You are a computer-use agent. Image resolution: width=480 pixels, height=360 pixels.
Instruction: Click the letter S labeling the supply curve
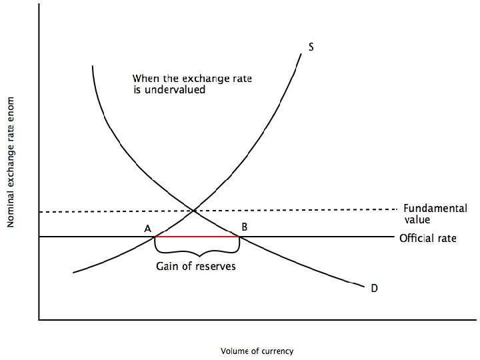tap(311, 47)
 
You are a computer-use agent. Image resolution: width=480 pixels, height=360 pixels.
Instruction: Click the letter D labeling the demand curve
tap(374, 288)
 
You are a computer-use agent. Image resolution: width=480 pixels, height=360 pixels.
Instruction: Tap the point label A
tap(147, 229)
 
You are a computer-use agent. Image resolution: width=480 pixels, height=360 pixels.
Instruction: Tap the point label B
tap(245, 227)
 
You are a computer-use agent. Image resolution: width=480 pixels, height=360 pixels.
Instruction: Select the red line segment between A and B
tap(197, 237)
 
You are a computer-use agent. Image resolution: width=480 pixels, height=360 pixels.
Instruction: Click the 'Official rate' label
tap(428, 238)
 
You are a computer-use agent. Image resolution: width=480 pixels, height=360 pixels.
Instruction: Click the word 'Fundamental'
tap(435, 208)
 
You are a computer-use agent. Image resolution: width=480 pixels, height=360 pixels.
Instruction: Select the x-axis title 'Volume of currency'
tap(257, 351)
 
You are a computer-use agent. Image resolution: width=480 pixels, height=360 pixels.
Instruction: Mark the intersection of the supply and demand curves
tap(194, 211)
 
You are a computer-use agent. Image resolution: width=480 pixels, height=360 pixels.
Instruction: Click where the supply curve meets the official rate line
tap(155, 237)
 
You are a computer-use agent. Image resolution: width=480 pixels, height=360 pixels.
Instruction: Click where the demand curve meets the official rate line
tap(239, 237)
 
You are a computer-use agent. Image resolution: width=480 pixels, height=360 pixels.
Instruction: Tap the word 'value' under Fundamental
tap(417, 219)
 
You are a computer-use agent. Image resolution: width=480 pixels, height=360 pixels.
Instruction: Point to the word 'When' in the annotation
tap(146, 78)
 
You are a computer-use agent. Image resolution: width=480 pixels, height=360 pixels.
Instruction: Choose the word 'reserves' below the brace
tap(214, 267)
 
